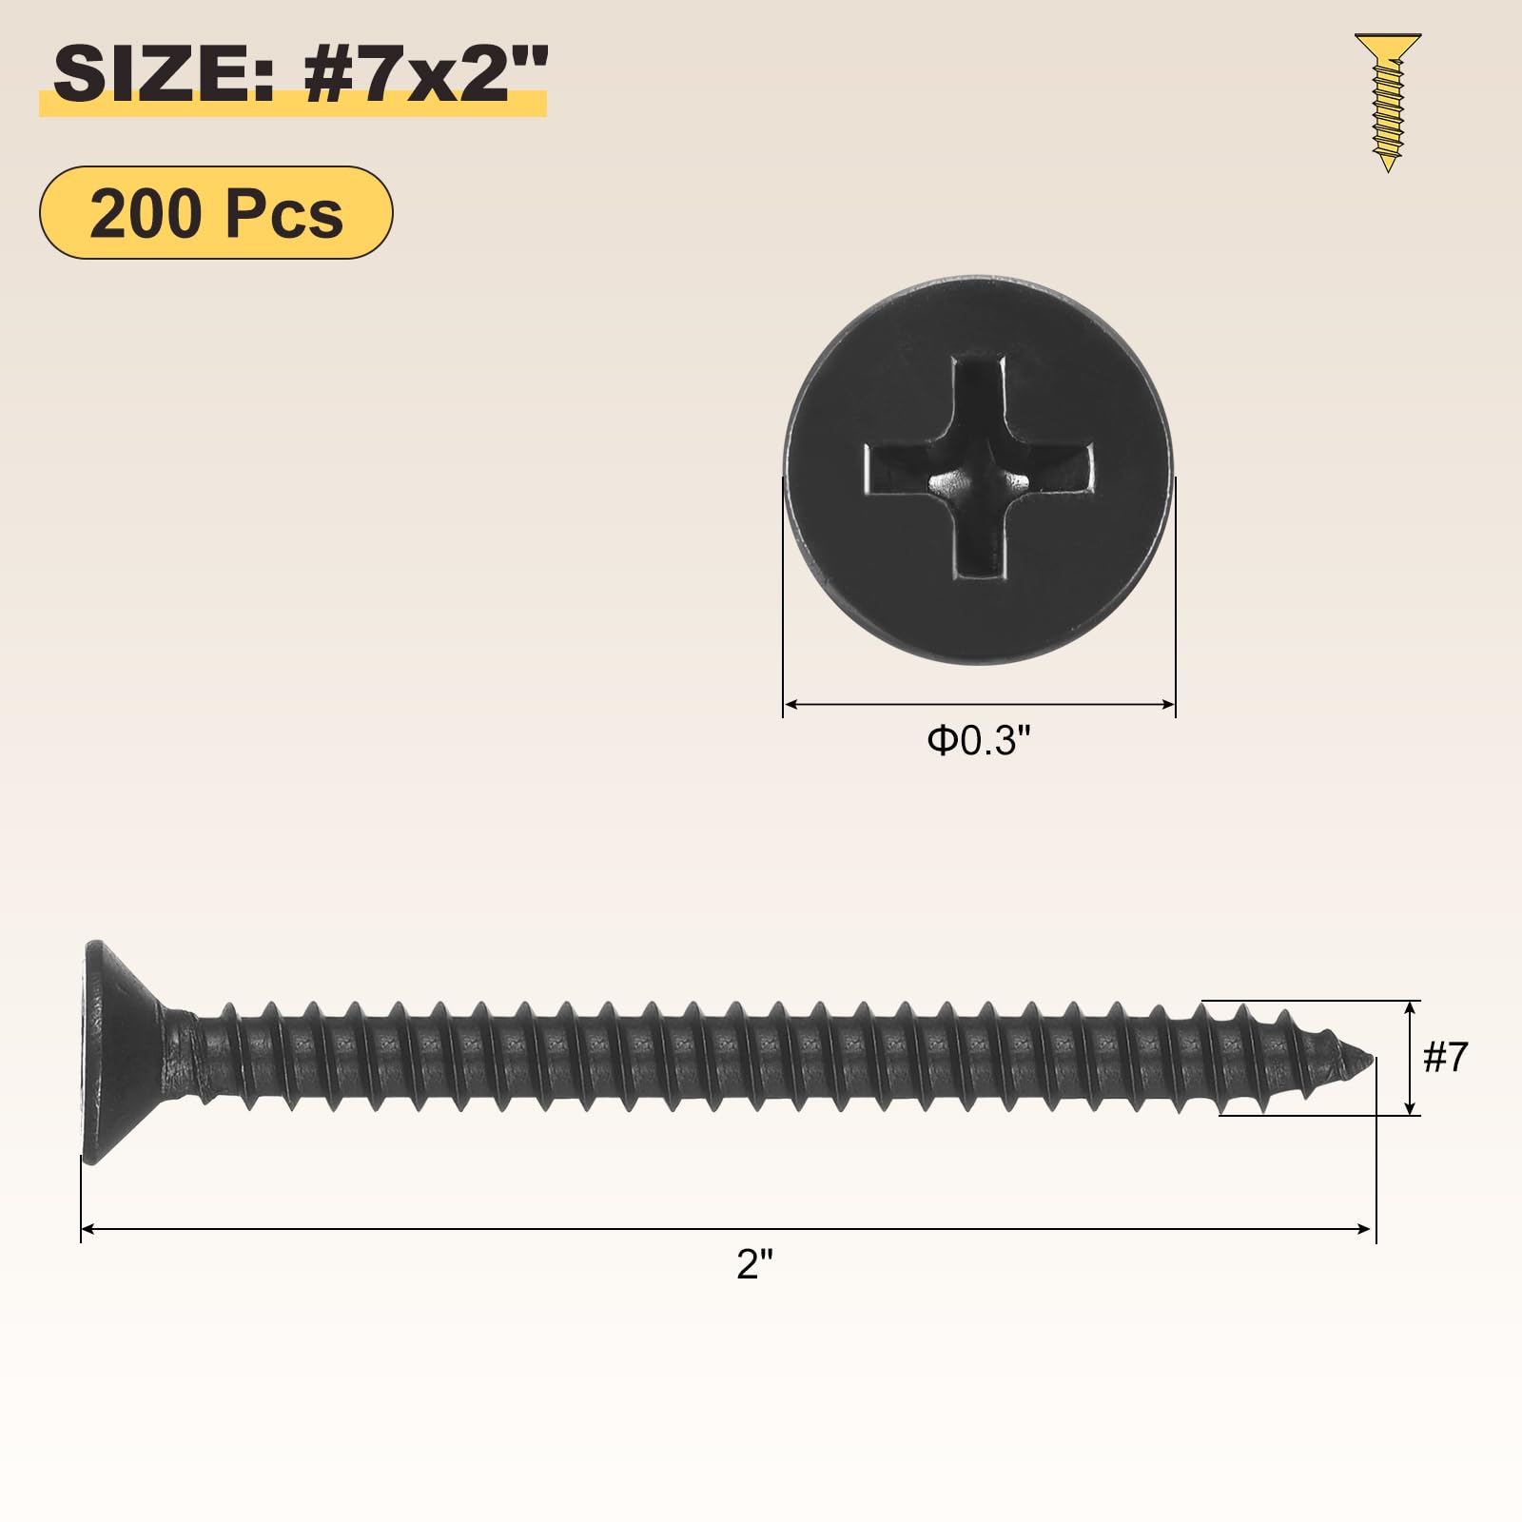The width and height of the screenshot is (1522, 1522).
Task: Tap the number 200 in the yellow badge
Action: (146, 214)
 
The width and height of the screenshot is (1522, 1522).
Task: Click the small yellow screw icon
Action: (1388, 103)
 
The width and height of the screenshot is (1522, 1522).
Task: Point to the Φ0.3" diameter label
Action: (979, 740)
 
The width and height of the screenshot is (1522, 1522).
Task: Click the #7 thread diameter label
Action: (1445, 1057)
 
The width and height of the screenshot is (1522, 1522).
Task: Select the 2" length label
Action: (755, 1264)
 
